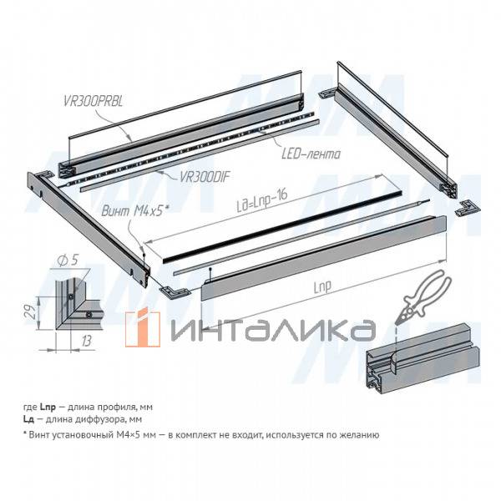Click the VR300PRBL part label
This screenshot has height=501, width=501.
pyautogui.click(x=93, y=101)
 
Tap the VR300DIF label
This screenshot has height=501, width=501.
pyautogui.click(x=205, y=176)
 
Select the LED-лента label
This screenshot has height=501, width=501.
pyautogui.click(x=311, y=154)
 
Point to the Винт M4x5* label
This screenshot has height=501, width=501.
pyautogui.click(x=135, y=211)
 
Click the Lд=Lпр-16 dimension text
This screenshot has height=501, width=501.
pyautogui.click(x=263, y=200)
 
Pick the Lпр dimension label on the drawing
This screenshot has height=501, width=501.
pyautogui.click(x=322, y=286)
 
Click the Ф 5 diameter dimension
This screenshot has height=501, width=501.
pyautogui.click(x=68, y=261)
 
